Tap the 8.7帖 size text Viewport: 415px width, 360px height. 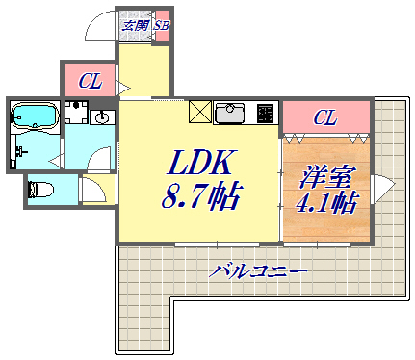pos(200,197)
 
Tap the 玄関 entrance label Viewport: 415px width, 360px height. pos(135,24)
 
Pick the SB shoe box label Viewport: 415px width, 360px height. pos(161,24)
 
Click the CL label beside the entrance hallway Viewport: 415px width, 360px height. pos(90,82)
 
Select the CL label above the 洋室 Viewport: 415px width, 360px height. pos(325,118)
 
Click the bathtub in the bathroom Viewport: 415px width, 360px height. pos(36,117)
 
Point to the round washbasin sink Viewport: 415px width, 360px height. pos(100,118)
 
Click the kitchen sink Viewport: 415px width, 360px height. pos(232,115)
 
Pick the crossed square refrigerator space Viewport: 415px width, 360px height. pos(201,113)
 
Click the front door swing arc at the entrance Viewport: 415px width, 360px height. pos(103,27)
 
